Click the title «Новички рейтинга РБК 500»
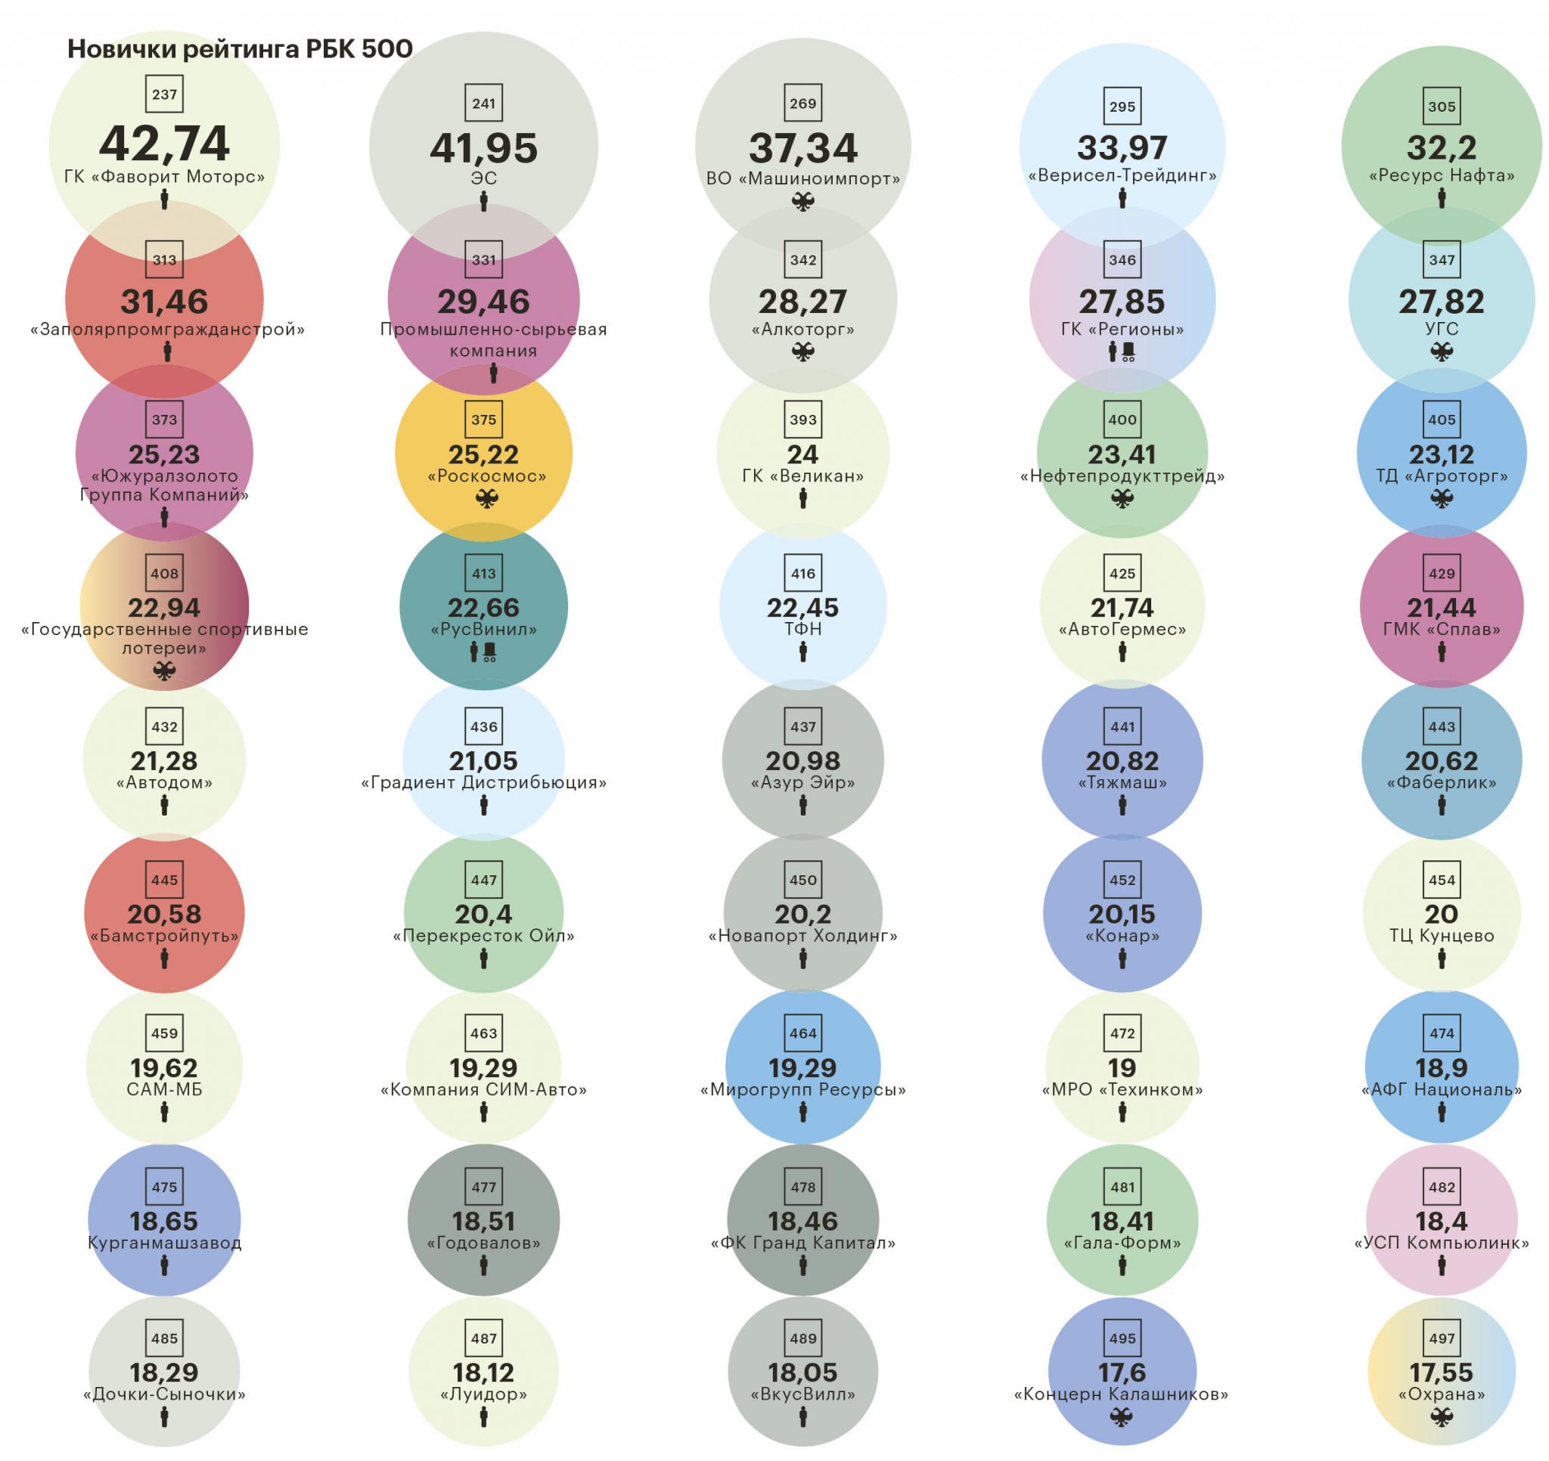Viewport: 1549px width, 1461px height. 240,49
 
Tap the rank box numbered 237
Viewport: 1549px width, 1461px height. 164,95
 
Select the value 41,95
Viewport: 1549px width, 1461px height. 483,148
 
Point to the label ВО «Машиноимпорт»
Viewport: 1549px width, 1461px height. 802,178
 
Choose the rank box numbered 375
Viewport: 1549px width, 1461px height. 483,419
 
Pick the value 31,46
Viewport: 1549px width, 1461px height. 164,302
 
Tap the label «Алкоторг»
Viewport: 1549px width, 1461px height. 802,330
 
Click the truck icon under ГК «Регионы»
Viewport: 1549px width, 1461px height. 1128,353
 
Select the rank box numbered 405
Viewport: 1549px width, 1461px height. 1442,419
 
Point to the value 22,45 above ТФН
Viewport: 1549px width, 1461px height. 802,608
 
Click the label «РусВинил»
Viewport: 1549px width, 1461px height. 483,630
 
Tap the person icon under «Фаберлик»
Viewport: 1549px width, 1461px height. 1442,806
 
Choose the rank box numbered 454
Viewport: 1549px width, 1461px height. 1442,880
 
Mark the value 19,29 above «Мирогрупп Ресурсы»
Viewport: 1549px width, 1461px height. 802,1068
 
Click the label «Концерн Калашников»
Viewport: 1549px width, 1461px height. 1121,1394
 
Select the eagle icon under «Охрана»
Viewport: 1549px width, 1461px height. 1442,1418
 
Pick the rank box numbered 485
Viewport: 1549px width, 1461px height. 164,1339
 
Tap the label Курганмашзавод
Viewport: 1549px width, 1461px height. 164,1243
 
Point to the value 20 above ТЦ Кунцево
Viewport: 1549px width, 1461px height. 1442,915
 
